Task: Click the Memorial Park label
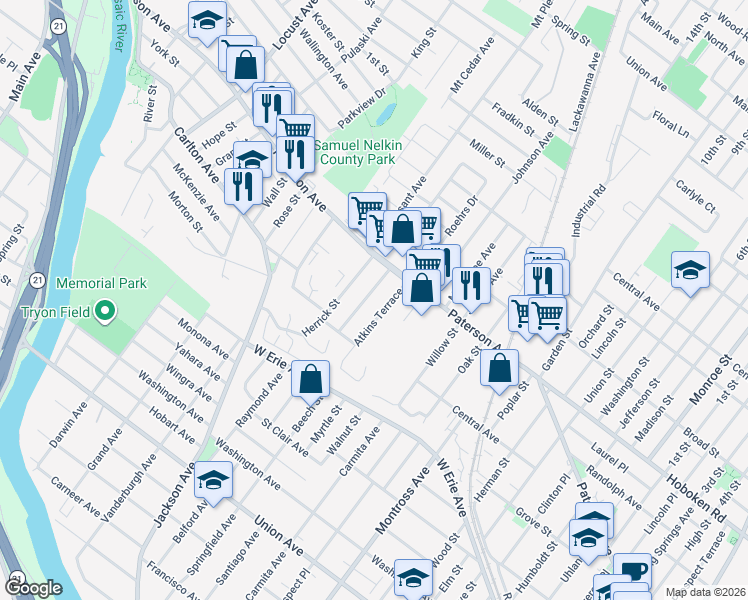click(101, 284)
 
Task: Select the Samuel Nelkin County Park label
click(358, 152)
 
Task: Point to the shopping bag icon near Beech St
click(312, 379)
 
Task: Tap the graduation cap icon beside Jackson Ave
click(212, 481)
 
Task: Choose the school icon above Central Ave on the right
click(690, 270)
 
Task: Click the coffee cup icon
click(631, 571)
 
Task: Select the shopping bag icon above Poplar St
click(499, 367)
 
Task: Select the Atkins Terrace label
click(377, 319)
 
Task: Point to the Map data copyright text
click(704, 592)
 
